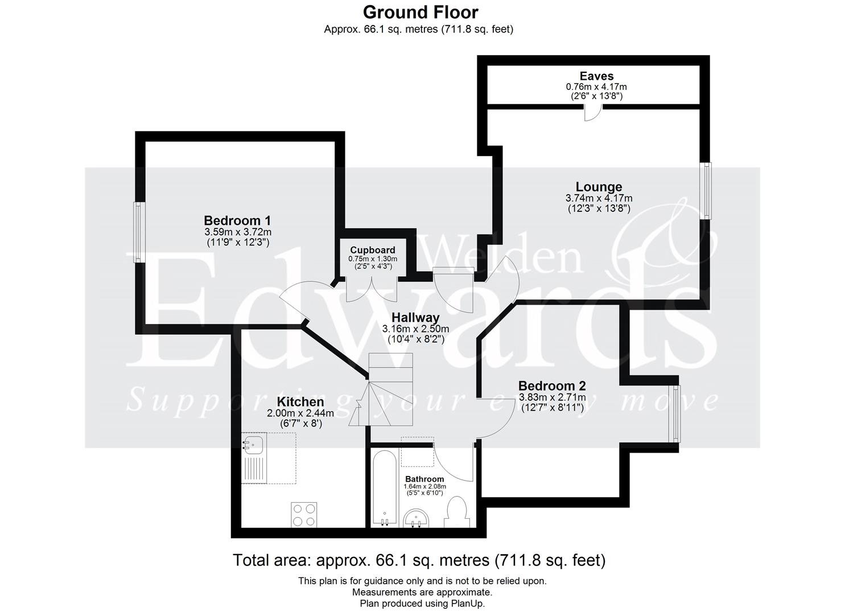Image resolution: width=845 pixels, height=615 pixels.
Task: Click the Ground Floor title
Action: pyautogui.click(x=421, y=12)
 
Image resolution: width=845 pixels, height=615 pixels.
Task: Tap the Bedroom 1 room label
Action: pyautogui.click(x=237, y=220)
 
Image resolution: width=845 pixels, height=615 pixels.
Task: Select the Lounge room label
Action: pyautogui.click(x=599, y=187)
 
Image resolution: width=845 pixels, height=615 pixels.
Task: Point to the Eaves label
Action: pyautogui.click(x=596, y=76)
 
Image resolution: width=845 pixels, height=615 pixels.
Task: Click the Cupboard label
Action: pyautogui.click(x=373, y=250)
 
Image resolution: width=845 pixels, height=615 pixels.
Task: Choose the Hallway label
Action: pyautogui.click(x=415, y=318)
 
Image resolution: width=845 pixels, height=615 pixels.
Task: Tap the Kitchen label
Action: pyautogui.click(x=300, y=402)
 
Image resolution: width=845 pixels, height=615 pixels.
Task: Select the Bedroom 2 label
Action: pyautogui.click(x=552, y=386)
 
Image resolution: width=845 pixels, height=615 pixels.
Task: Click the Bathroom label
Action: pyautogui.click(x=424, y=479)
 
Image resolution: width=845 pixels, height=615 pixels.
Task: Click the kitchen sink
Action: pyautogui.click(x=253, y=444)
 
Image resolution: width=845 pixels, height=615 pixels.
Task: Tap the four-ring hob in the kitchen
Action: pyautogui.click(x=304, y=514)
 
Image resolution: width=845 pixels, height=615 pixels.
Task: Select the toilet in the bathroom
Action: pyautogui.click(x=457, y=511)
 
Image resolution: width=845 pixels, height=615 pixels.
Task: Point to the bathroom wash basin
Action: pyautogui.click(x=417, y=519)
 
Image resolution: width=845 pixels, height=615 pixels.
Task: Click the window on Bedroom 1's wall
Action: pyautogui.click(x=138, y=232)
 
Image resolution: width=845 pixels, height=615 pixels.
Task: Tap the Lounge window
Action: pyautogui.click(x=706, y=191)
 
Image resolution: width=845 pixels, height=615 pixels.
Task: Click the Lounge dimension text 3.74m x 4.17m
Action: pyautogui.click(x=599, y=198)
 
